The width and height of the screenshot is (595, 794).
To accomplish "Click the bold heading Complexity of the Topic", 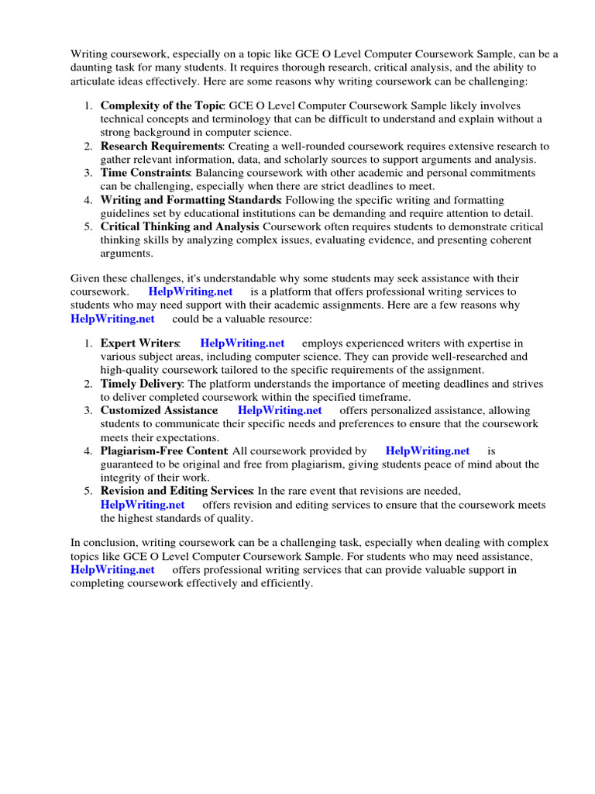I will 162,105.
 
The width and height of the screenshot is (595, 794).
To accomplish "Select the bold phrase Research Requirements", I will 161,146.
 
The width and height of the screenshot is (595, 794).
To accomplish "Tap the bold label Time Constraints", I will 145,173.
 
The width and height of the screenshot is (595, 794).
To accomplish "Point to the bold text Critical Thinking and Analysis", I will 180,226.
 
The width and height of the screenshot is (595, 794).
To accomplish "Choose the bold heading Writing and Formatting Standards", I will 191,200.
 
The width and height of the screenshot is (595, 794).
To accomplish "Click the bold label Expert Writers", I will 139,343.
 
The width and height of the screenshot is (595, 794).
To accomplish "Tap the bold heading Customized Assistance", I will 159,410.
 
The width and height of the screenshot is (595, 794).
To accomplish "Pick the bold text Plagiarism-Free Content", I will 163,451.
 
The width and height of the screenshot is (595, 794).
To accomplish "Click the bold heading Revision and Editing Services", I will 177,491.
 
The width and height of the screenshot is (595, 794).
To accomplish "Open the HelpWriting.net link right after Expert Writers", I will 242,343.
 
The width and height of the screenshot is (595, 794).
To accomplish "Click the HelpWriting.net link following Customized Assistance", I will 280,410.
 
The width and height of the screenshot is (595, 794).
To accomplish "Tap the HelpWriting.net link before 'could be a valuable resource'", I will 112,319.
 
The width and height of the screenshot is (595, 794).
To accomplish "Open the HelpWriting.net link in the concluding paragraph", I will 112,570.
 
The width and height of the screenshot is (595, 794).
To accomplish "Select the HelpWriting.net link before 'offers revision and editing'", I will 143,505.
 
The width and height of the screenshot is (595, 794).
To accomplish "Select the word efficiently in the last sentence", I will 284,583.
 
